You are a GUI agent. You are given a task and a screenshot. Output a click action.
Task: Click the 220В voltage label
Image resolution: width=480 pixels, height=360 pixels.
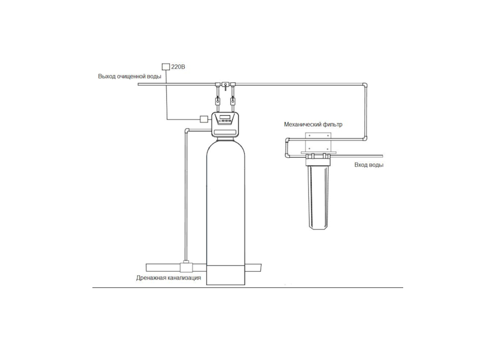(178, 67)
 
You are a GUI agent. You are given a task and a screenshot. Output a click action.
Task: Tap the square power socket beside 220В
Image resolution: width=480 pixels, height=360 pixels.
(166, 67)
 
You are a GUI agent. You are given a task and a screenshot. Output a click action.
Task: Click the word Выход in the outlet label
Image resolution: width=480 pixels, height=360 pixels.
(107, 76)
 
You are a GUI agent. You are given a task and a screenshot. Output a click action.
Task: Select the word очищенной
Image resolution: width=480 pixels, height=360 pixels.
(131, 76)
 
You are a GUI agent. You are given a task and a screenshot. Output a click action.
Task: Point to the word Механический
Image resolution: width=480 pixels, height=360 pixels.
(302, 125)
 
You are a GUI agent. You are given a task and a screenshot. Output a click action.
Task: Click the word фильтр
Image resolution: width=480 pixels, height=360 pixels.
(332, 125)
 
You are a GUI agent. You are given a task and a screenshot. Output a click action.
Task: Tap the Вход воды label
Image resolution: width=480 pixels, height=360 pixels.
(368, 164)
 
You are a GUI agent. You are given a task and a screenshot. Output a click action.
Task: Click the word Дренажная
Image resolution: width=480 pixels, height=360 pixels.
(152, 278)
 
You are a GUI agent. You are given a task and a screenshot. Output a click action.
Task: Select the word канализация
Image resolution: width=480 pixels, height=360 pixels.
(185, 278)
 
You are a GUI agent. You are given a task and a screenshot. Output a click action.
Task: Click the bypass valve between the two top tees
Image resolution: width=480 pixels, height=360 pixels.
(226, 85)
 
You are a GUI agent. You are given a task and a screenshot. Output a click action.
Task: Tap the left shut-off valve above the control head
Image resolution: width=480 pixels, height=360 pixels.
(218, 100)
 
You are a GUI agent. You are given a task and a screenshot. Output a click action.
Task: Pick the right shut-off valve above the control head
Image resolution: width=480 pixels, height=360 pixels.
(233, 100)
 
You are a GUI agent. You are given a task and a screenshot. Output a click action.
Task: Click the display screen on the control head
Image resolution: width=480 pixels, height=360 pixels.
(225, 116)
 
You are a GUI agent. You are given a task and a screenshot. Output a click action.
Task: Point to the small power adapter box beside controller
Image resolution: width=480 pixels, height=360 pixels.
(204, 119)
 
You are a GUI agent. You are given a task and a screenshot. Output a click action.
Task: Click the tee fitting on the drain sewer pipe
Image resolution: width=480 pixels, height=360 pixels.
(186, 266)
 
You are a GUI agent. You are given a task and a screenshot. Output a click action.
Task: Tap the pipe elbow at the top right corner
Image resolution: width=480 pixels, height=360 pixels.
(365, 85)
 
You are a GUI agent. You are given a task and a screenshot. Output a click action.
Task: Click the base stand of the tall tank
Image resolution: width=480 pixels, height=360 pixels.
(226, 275)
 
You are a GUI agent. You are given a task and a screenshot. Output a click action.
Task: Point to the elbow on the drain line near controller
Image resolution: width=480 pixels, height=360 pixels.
(187, 131)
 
